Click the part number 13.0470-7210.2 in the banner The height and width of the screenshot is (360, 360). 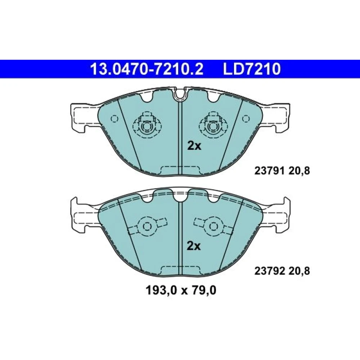click(147, 69)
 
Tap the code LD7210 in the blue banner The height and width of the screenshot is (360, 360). click(252, 69)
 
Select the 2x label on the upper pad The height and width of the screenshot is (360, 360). click(194, 146)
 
